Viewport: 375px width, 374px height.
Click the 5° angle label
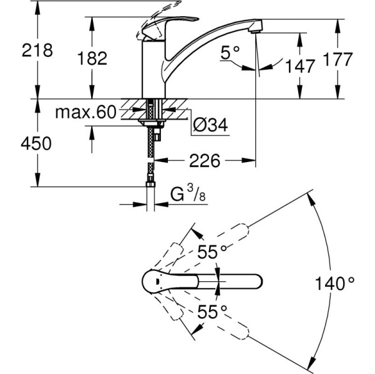coord(230,54)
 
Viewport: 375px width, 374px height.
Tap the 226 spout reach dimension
coord(204,161)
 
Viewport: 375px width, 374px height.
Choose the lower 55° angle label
coord(212,311)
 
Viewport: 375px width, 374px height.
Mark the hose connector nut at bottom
coord(150,183)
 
